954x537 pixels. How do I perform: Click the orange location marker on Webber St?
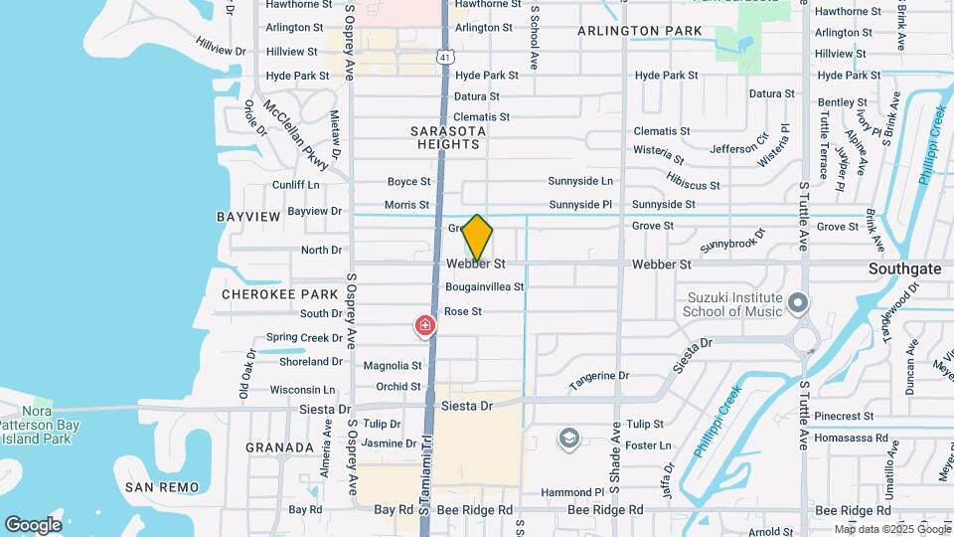pyautogui.click(x=477, y=238)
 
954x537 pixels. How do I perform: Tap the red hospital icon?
pyautogui.click(x=424, y=326)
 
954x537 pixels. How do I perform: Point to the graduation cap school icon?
pyautogui.click(x=568, y=439)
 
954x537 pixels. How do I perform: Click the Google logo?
pyautogui.click(x=33, y=525)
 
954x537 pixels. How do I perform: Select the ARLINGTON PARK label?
pyautogui.click(x=640, y=32)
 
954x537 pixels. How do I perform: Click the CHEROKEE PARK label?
pyautogui.click(x=266, y=294)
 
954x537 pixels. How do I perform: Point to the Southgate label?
pyautogui.click(x=904, y=268)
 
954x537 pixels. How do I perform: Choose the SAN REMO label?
pyautogui.click(x=162, y=487)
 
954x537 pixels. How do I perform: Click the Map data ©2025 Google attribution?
pyautogui.click(x=891, y=529)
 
